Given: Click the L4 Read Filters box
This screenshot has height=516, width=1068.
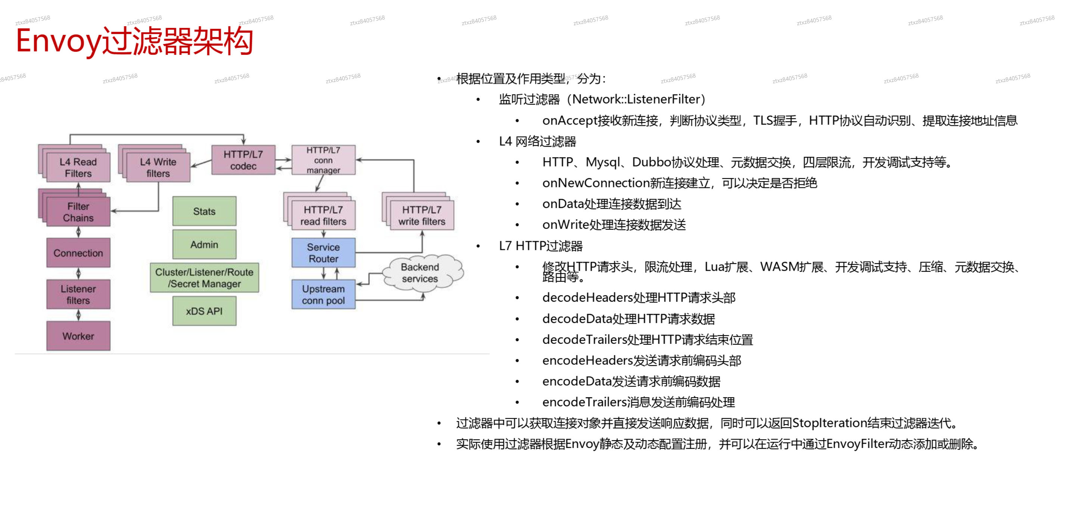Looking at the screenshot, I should (78, 167).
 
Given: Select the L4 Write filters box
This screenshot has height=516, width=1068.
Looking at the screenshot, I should (158, 167).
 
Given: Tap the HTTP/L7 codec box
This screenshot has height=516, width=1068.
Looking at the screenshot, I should (243, 160).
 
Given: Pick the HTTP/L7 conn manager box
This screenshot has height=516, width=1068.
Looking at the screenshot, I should (323, 160).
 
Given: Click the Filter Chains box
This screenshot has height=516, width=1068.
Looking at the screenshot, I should (78, 212).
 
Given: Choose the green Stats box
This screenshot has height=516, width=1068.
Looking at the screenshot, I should (204, 211).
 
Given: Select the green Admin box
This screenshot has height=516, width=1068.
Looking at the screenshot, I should (204, 245).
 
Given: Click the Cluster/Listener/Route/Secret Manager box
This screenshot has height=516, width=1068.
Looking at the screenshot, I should (204, 278).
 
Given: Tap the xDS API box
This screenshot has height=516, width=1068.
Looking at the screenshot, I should (204, 311).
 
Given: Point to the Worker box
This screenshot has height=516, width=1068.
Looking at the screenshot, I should (78, 336).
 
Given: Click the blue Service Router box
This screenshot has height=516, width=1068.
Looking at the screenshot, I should (323, 253).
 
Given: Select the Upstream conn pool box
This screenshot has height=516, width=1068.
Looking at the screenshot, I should (323, 294).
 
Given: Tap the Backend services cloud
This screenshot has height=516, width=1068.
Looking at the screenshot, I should (420, 273).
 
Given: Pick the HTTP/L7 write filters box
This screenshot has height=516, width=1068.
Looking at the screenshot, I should (422, 215).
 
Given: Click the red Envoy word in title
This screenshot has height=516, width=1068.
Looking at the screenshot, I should (58, 41).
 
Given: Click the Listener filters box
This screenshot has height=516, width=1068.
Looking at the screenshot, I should (78, 294).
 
